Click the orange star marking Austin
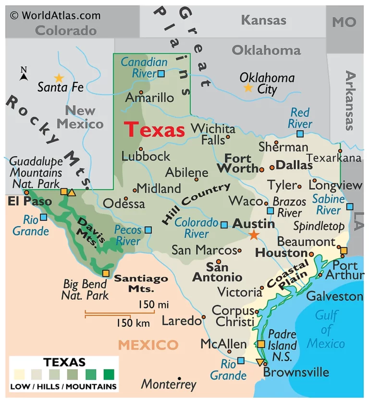point(253,235)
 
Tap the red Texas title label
point(155,130)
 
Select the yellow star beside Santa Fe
point(59,77)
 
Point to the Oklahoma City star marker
point(248,87)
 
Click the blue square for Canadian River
point(161,73)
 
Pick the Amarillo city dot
point(141,92)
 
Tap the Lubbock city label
point(146,156)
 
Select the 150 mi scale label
point(153,304)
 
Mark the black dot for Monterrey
point(179,379)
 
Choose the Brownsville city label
point(296,372)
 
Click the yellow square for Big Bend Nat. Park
point(106,273)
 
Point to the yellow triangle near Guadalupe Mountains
point(72,193)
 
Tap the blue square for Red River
point(300,134)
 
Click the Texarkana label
point(333,158)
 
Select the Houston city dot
point(311,254)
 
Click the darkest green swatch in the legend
point(109,374)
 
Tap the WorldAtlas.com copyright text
point(55,15)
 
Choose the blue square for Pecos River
point(148,230)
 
